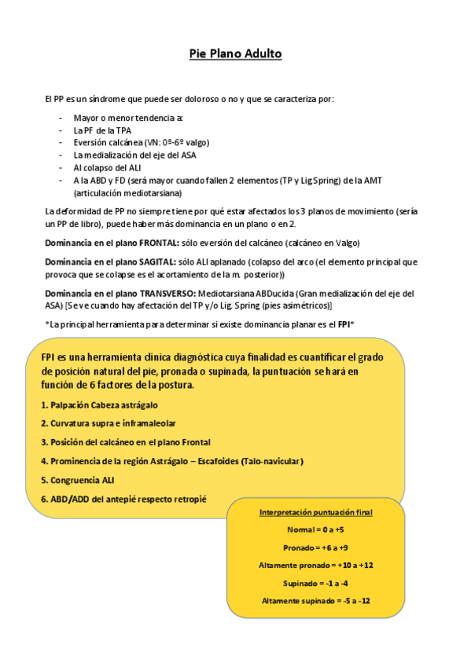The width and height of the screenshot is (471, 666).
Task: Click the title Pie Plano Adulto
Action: pos(235,54)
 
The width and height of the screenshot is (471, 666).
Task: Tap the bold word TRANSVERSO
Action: pos(168,294)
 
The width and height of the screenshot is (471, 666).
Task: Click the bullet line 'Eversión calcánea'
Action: pos(142,142)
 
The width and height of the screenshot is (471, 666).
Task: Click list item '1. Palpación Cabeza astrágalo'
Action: pos(99,405)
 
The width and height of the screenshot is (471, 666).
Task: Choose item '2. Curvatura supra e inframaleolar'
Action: pos(108,423)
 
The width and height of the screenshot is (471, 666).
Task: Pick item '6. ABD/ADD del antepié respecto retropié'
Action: pos(123,499)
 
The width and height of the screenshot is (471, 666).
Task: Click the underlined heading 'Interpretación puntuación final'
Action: pos(316,512)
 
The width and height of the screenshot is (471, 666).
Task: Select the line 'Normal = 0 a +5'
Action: pos(316,529)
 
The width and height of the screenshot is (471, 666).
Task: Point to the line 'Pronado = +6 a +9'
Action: pos(316,547)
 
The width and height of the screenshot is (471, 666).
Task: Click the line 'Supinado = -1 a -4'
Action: pos(316,583)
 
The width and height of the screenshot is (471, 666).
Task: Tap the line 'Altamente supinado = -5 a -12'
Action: pos(316,601)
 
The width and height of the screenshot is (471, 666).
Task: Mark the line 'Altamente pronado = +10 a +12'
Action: pos(316,565)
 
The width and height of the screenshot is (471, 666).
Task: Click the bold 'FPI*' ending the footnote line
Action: pos(346,324)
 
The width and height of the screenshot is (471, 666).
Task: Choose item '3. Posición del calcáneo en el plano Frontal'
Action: pos(125,442)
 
